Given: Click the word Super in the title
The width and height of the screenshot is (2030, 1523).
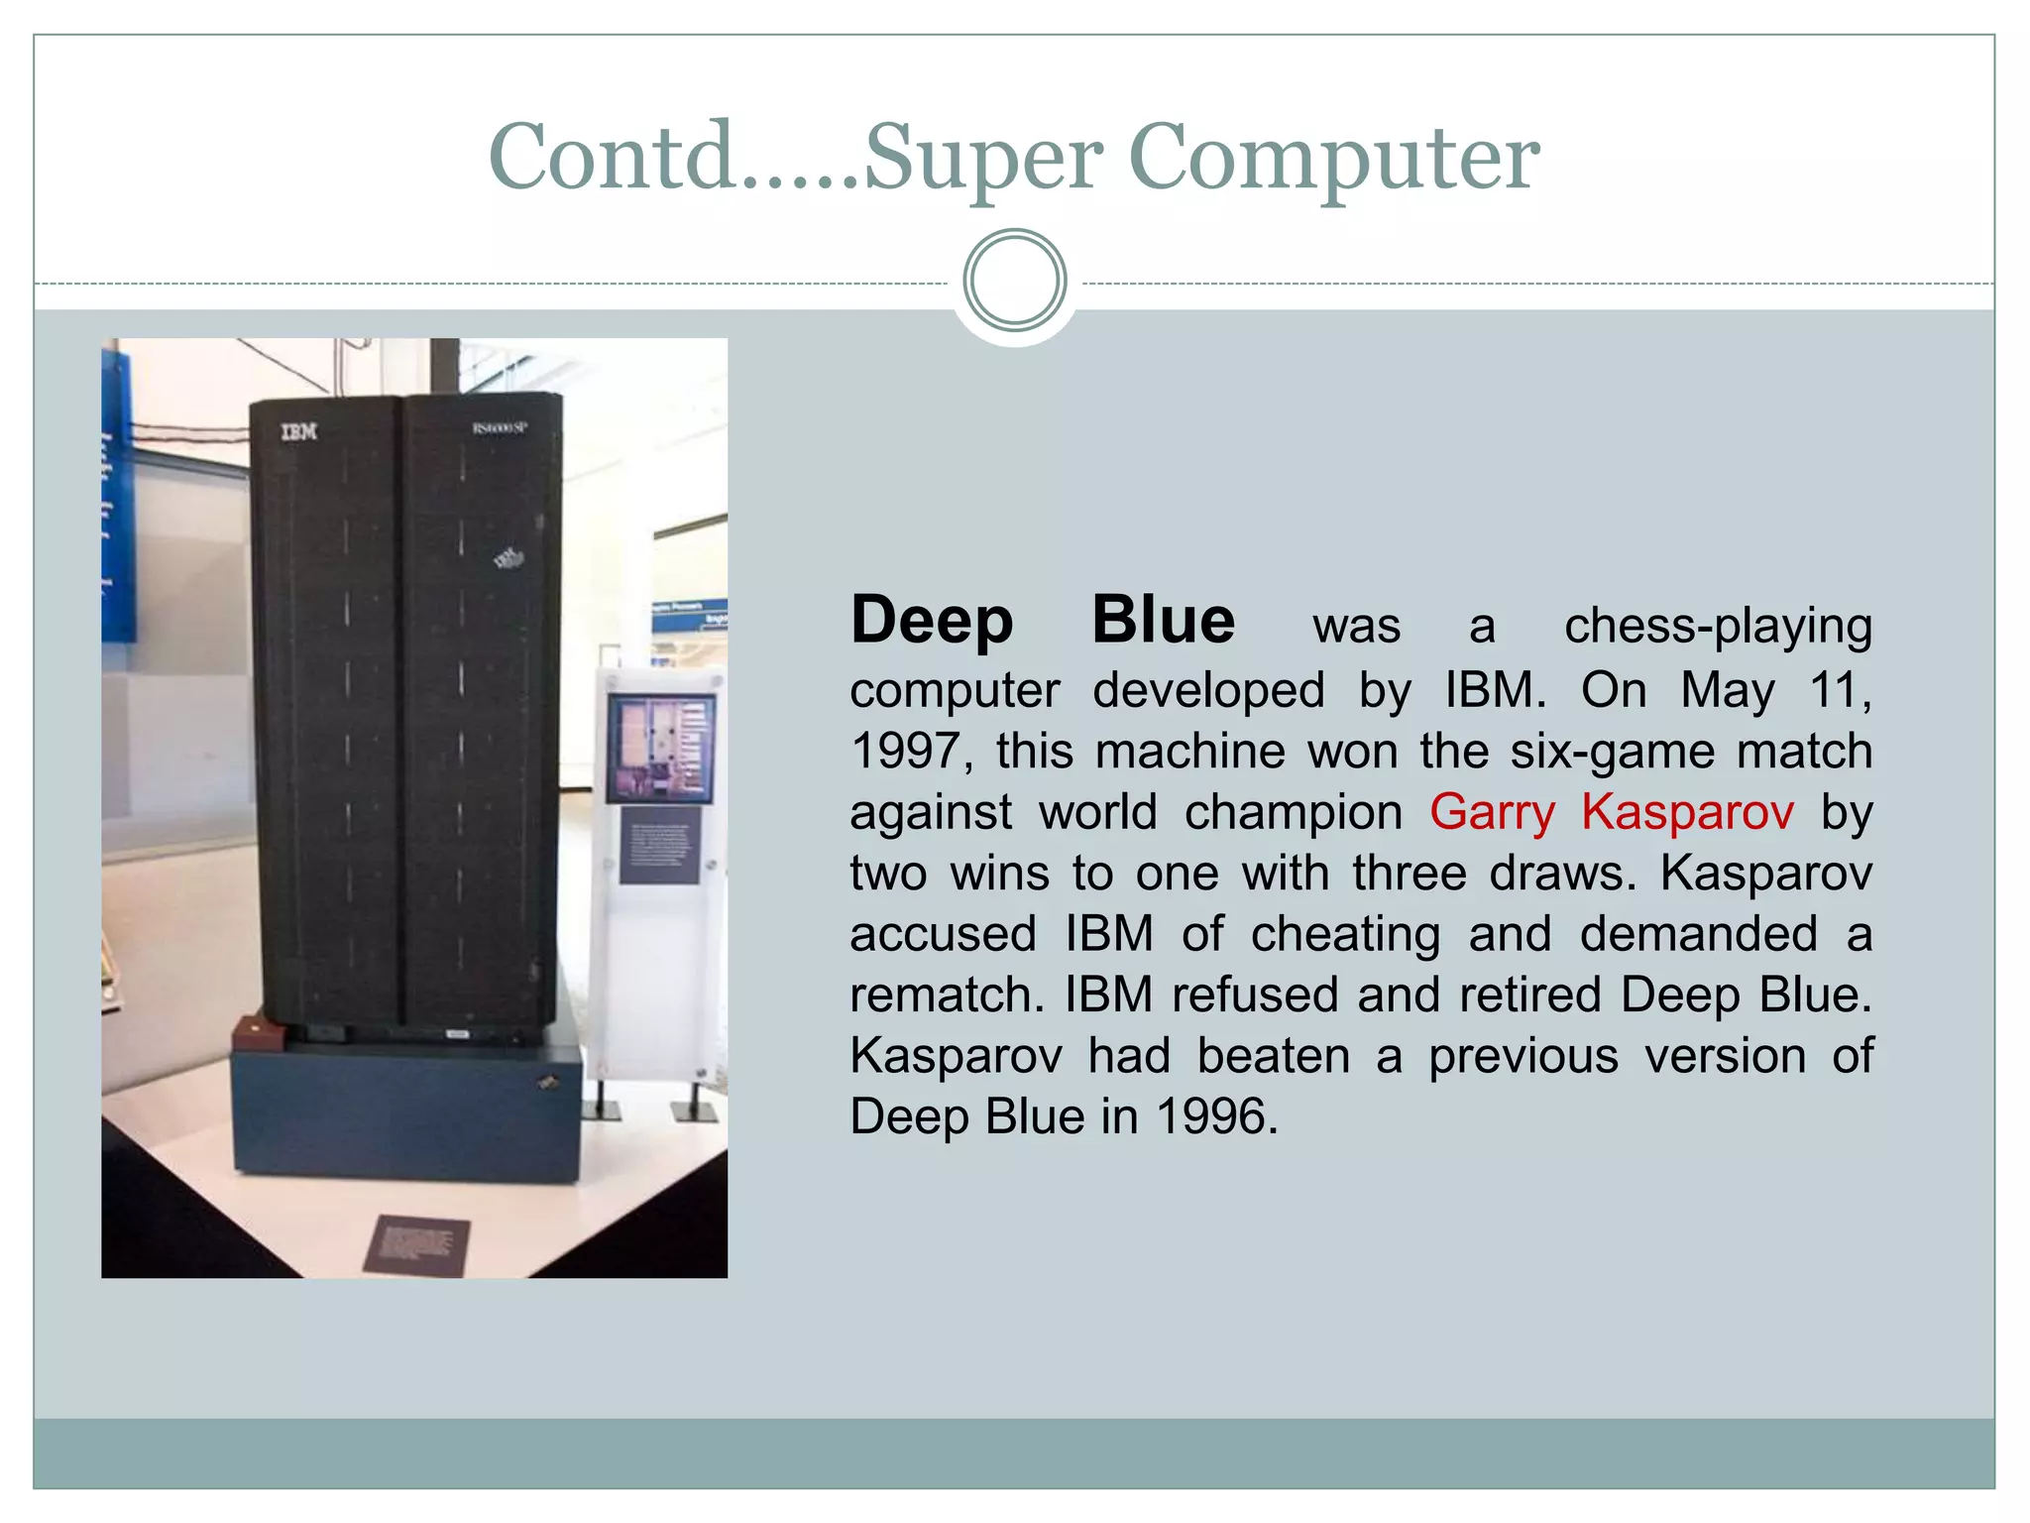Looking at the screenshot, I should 983,159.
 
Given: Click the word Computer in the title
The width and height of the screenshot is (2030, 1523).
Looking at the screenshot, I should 1333,159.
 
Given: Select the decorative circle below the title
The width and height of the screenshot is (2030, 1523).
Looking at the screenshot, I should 1014,281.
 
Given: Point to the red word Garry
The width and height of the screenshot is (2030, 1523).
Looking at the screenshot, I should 1492,812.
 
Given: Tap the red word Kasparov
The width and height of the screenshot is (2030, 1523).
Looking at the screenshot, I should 1687,812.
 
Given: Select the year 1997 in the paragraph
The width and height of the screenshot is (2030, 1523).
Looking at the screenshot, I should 905,751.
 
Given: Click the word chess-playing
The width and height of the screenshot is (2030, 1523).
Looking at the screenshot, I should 1718,627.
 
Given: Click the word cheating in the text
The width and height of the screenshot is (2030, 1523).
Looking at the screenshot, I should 1345,934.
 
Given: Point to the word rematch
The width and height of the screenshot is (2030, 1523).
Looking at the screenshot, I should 946,995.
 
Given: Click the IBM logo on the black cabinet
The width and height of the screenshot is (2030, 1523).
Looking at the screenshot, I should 298,431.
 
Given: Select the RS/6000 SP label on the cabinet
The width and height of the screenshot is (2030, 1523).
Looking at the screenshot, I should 499,428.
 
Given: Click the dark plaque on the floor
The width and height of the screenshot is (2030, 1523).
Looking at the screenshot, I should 416,1243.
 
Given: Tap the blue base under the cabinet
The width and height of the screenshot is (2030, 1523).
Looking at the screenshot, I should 406,1115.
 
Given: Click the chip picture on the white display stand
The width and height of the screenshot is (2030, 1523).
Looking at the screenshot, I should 660,747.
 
